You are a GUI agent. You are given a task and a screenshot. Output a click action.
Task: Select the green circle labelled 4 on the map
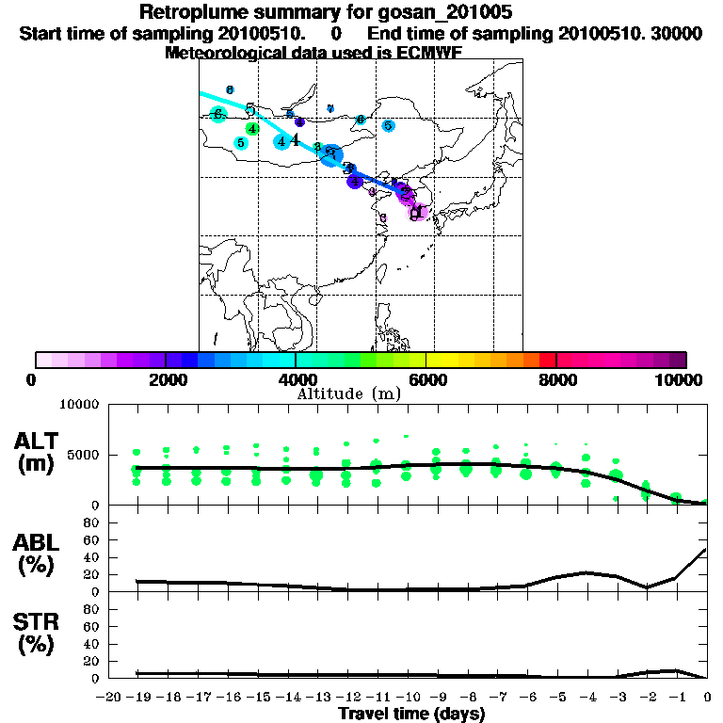point(252,128)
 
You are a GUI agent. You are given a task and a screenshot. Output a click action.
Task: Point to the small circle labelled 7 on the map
point(330,108)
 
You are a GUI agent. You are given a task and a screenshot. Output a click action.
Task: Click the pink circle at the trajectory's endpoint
point(417,212)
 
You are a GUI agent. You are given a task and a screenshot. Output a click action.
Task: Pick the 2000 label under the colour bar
point(165,379)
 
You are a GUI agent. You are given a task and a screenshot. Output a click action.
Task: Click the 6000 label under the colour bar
point(426,379)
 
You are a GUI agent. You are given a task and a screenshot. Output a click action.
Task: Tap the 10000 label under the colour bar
point(680,379)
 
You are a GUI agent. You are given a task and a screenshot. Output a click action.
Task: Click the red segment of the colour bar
point(547,360)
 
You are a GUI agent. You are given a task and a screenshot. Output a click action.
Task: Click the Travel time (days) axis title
point(411,714)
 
